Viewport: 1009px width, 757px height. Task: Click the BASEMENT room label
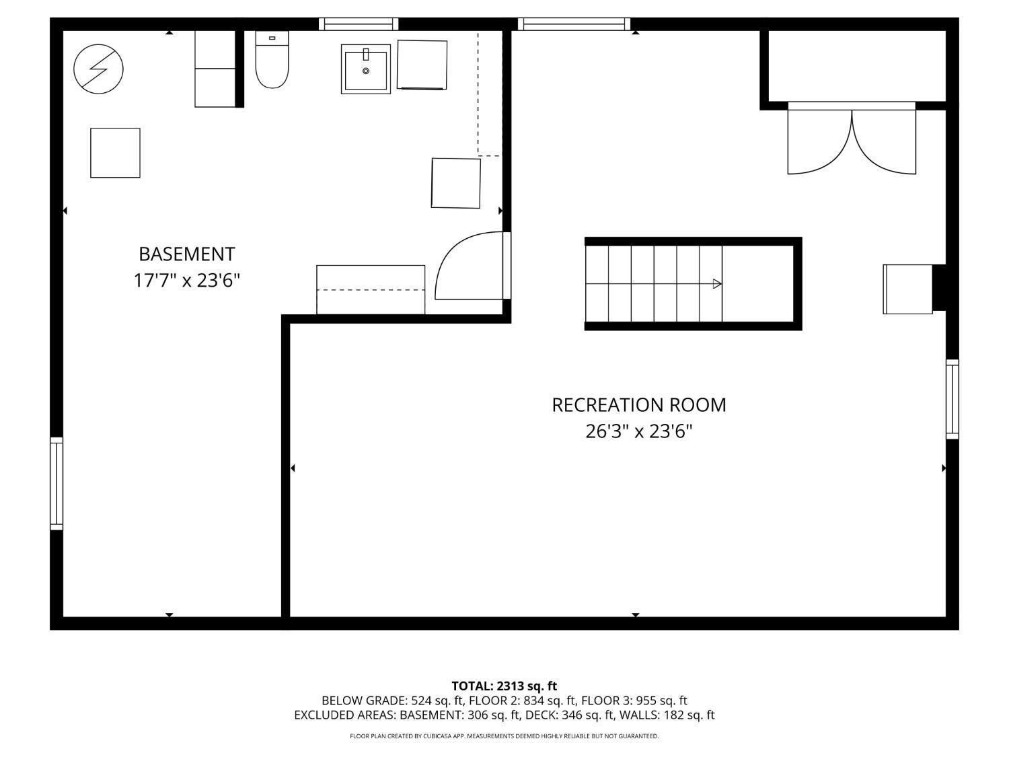pos(186,254)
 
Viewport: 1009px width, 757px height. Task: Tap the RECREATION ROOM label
pos(638,404)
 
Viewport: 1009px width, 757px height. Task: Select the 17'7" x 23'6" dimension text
pos(186,280)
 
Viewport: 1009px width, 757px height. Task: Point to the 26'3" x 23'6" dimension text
pos(638,431)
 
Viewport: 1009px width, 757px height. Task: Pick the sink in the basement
pos(366,69)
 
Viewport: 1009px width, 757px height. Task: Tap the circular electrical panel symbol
pos(98,68)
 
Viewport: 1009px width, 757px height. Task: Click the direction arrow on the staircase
pos(717,284)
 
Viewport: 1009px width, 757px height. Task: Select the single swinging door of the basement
pos(471,266)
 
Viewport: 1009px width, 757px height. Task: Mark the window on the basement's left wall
pos(57,483)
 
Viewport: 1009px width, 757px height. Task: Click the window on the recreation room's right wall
pos(952,399)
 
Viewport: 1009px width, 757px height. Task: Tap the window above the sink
pos(359,24)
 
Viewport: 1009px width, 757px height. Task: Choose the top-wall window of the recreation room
pos(574,24)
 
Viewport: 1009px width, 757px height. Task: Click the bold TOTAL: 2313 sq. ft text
pos(504,686)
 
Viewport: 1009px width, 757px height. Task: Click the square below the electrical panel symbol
pos(115,153)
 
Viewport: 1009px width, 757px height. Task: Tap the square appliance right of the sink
pos(422,65)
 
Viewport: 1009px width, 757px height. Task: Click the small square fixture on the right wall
pos(907,289)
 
